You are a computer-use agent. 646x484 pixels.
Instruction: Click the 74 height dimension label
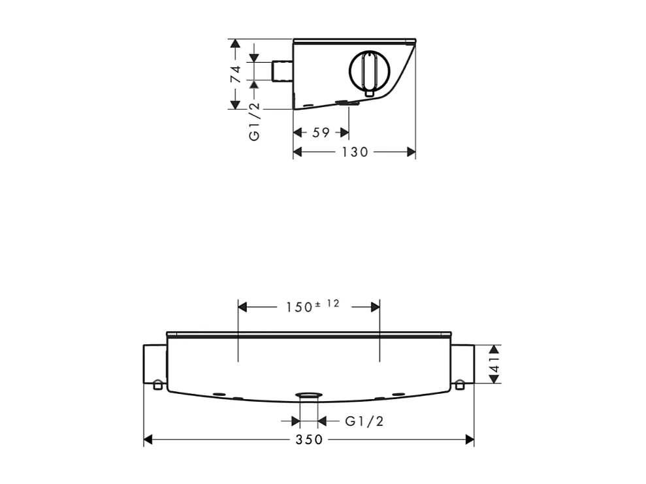click(235, 74)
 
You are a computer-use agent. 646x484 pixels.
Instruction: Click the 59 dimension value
click(321, 133)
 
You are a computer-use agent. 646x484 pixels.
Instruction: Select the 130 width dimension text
click(355, 152)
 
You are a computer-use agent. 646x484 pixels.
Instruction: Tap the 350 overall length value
click(309, 440)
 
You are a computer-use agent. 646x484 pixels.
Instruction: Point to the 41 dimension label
click(494, 364)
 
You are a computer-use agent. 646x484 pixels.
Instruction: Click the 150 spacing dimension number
click(300, 307)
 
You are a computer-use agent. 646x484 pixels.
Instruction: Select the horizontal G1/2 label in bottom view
click(364, 421)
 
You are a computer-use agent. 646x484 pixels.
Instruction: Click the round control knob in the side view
click(369, 71)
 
